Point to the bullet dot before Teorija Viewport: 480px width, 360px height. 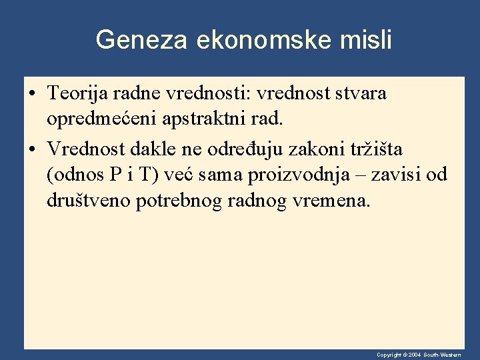click(x=33, y=95)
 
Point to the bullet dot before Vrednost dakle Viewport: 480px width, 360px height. click(x=33, y=148)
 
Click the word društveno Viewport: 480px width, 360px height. click(x=88, y=201)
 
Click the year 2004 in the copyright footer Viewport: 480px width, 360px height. click(x=413, y=355)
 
